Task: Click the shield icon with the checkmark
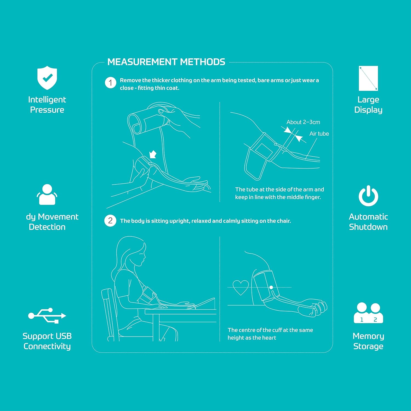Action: tap(47, 78)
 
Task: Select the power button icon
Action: tap(368, 196)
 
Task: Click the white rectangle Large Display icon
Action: tap(368, 78)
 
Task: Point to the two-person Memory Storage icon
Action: tap(368, 313)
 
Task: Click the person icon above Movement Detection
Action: tap(47, 195)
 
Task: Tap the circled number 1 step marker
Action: tap(110, 82)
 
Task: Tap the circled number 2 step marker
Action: tap(110, 221)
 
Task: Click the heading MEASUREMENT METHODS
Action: tap(166, 62)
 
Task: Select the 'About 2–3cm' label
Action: tap(303, 122)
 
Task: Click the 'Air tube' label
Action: tap(319, 134)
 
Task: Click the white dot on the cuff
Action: tap(271, 287)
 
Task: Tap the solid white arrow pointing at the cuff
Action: tap(153, 155)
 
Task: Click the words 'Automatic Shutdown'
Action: tap(368, 222)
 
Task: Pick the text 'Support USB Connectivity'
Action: tap(47, 341)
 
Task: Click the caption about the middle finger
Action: tap(279, 193)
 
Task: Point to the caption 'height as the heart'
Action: tap(252, 338)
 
